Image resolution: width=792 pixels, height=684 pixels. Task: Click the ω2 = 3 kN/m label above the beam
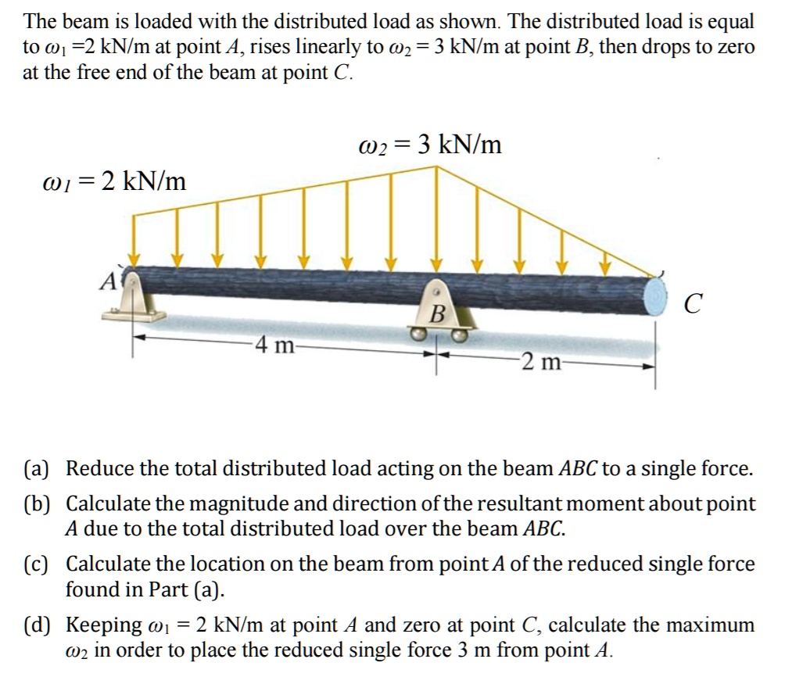(429, 145)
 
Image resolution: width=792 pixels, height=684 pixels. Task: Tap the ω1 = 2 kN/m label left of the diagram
(113, 181)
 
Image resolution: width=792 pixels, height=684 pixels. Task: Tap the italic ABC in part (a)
(579, 469)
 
